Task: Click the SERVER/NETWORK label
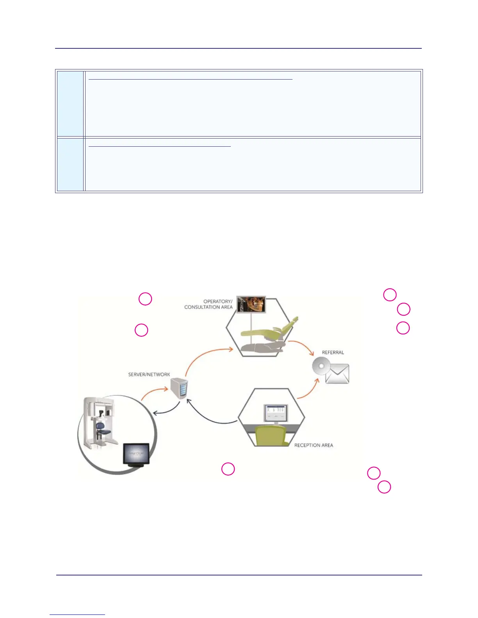pos(149,375)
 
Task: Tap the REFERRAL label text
pos(333,352)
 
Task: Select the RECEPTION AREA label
pos(314,445)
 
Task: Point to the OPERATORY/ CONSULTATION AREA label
pos(209,304)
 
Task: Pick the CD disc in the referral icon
pos(321,367)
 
